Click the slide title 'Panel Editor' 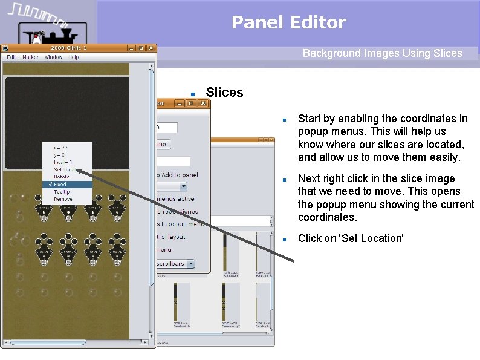288,22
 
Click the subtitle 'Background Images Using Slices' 382,53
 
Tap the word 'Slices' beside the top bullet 224,93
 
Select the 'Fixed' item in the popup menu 60,185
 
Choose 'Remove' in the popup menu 62,198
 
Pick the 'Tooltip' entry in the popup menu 62,192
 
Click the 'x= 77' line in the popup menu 60,148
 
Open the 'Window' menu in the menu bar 53,57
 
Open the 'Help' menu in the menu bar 74,57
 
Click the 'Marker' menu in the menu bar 30,57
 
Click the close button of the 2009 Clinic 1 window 150,48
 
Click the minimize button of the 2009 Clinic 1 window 131,48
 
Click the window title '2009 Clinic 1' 68,48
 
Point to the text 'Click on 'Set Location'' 350,238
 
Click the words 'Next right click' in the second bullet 332,178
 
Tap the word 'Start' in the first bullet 310,119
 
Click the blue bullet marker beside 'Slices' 192,94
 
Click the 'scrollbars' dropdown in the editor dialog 175,264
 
